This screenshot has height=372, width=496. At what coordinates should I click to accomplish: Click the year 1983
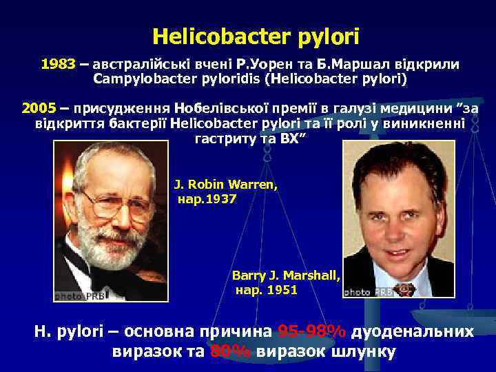(58, 64)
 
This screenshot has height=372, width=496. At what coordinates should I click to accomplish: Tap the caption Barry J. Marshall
(286, 275)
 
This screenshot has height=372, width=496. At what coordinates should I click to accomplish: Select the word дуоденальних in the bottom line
(413, 331)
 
